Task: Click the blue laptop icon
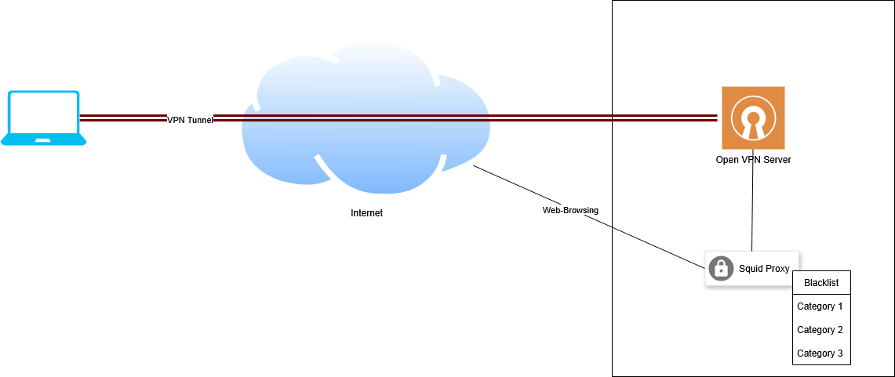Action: pos(44,118)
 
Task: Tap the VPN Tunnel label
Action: pos(190,120)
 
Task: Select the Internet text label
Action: pos(366,213)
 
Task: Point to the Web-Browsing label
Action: pos(570,210)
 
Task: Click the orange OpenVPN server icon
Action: pos(753,118)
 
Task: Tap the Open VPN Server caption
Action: pos(753,160)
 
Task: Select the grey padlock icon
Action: pos(721,269)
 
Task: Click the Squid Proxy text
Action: pos(764,269)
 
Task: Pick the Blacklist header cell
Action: pos(821,282)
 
